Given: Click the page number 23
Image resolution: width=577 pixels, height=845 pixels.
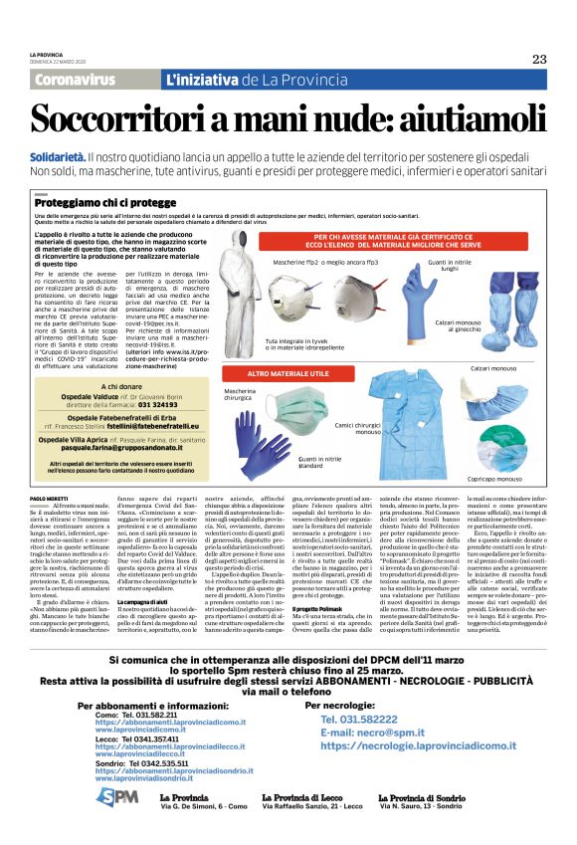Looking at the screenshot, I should (538, 59).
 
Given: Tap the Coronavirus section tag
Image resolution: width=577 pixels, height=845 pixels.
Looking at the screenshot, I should (82, 79).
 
